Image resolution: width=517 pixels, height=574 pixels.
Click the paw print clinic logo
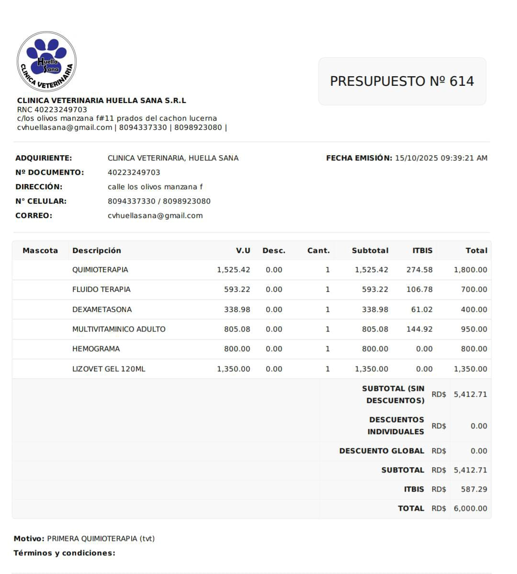[46, 61]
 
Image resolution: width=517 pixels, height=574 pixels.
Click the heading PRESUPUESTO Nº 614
[402, 81]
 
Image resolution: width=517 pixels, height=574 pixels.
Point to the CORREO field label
[34, 216]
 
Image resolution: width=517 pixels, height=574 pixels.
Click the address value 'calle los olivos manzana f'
[155, 187]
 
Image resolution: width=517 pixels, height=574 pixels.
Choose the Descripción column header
[97, 251]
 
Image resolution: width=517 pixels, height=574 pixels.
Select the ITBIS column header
[422, 251]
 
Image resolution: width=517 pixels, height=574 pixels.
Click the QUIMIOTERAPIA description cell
[100, 270]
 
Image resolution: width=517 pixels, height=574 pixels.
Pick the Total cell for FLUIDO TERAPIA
[474, 289]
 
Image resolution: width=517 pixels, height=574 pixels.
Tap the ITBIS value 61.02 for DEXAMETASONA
[422, 310]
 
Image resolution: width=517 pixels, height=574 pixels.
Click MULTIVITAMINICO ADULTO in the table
[119, 329]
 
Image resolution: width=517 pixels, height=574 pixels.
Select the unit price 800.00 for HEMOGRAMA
[237, 349]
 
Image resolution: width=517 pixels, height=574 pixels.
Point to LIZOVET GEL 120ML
[109, 369]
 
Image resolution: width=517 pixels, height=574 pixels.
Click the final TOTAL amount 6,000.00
[470, 508]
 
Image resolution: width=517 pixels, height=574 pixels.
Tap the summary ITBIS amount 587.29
[474, 489]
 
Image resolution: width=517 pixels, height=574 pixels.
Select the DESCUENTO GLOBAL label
[382, 451]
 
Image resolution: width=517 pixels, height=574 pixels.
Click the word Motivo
[29, 539]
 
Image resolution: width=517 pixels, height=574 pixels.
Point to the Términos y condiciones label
[64, 553]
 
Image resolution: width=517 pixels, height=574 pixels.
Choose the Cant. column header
[318, 251]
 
